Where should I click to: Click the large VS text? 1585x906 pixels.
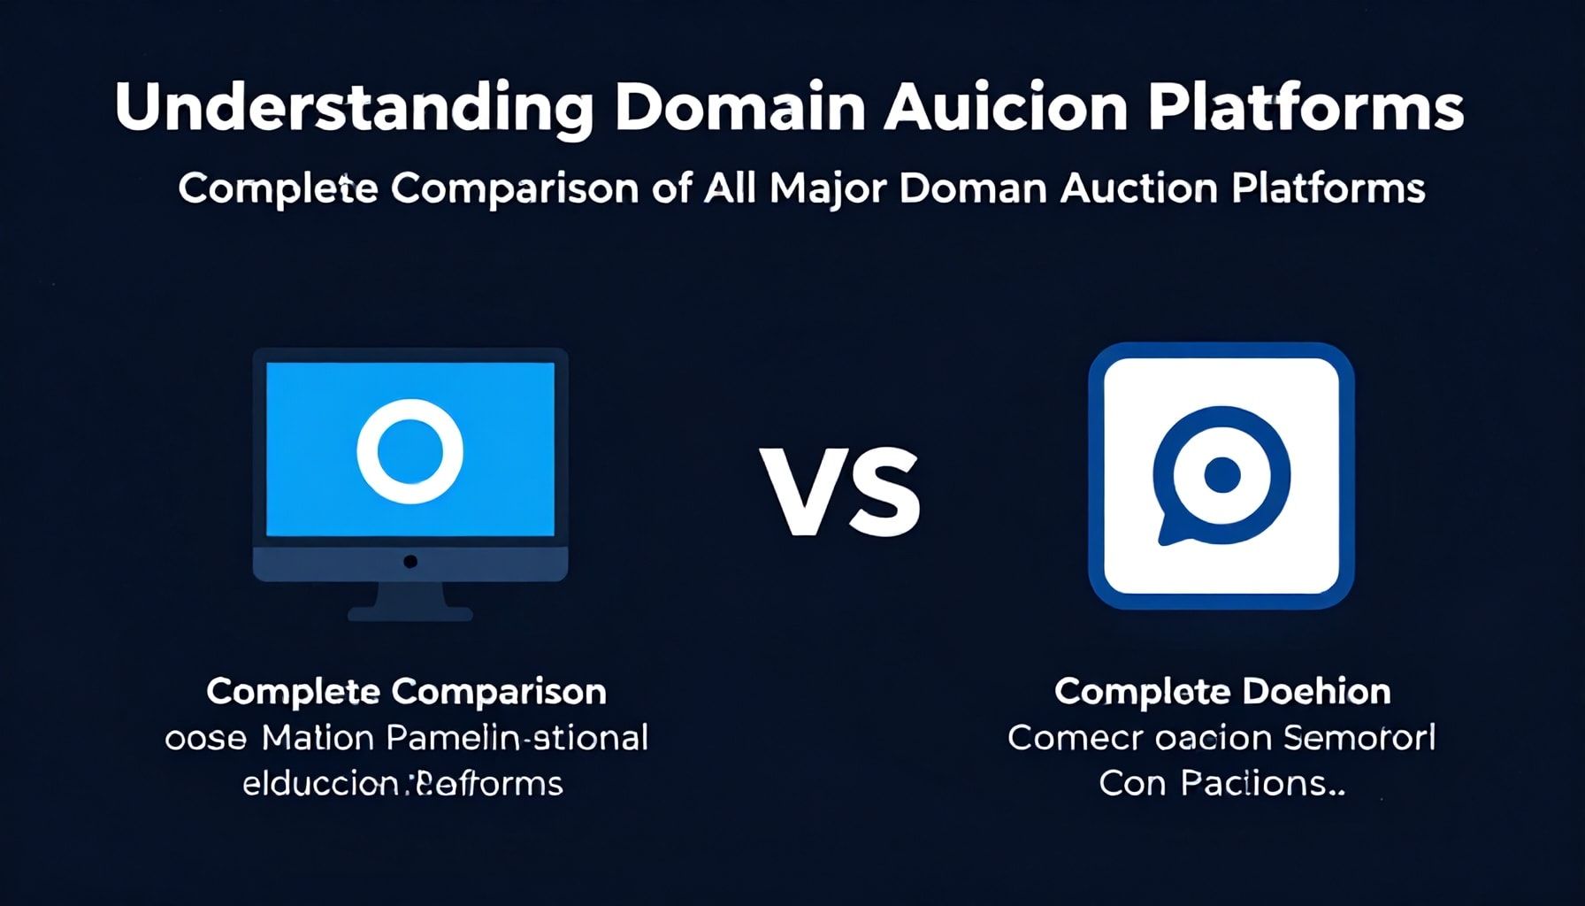click(x=840, y=492)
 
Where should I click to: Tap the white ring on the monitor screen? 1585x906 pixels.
click(x=410, y=450)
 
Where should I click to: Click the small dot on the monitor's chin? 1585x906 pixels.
click(x=410, y=562)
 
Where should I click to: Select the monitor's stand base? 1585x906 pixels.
click(x=410, y=612)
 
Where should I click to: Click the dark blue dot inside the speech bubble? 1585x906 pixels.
click(x=1221, y=475)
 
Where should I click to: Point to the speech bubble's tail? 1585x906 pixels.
click(x=1172, y=531)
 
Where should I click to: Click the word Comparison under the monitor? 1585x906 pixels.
click(x=499, y=692)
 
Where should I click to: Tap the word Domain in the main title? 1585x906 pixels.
click(x=739, y=108)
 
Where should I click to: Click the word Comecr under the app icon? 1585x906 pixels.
click(x=1075, y=738)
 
